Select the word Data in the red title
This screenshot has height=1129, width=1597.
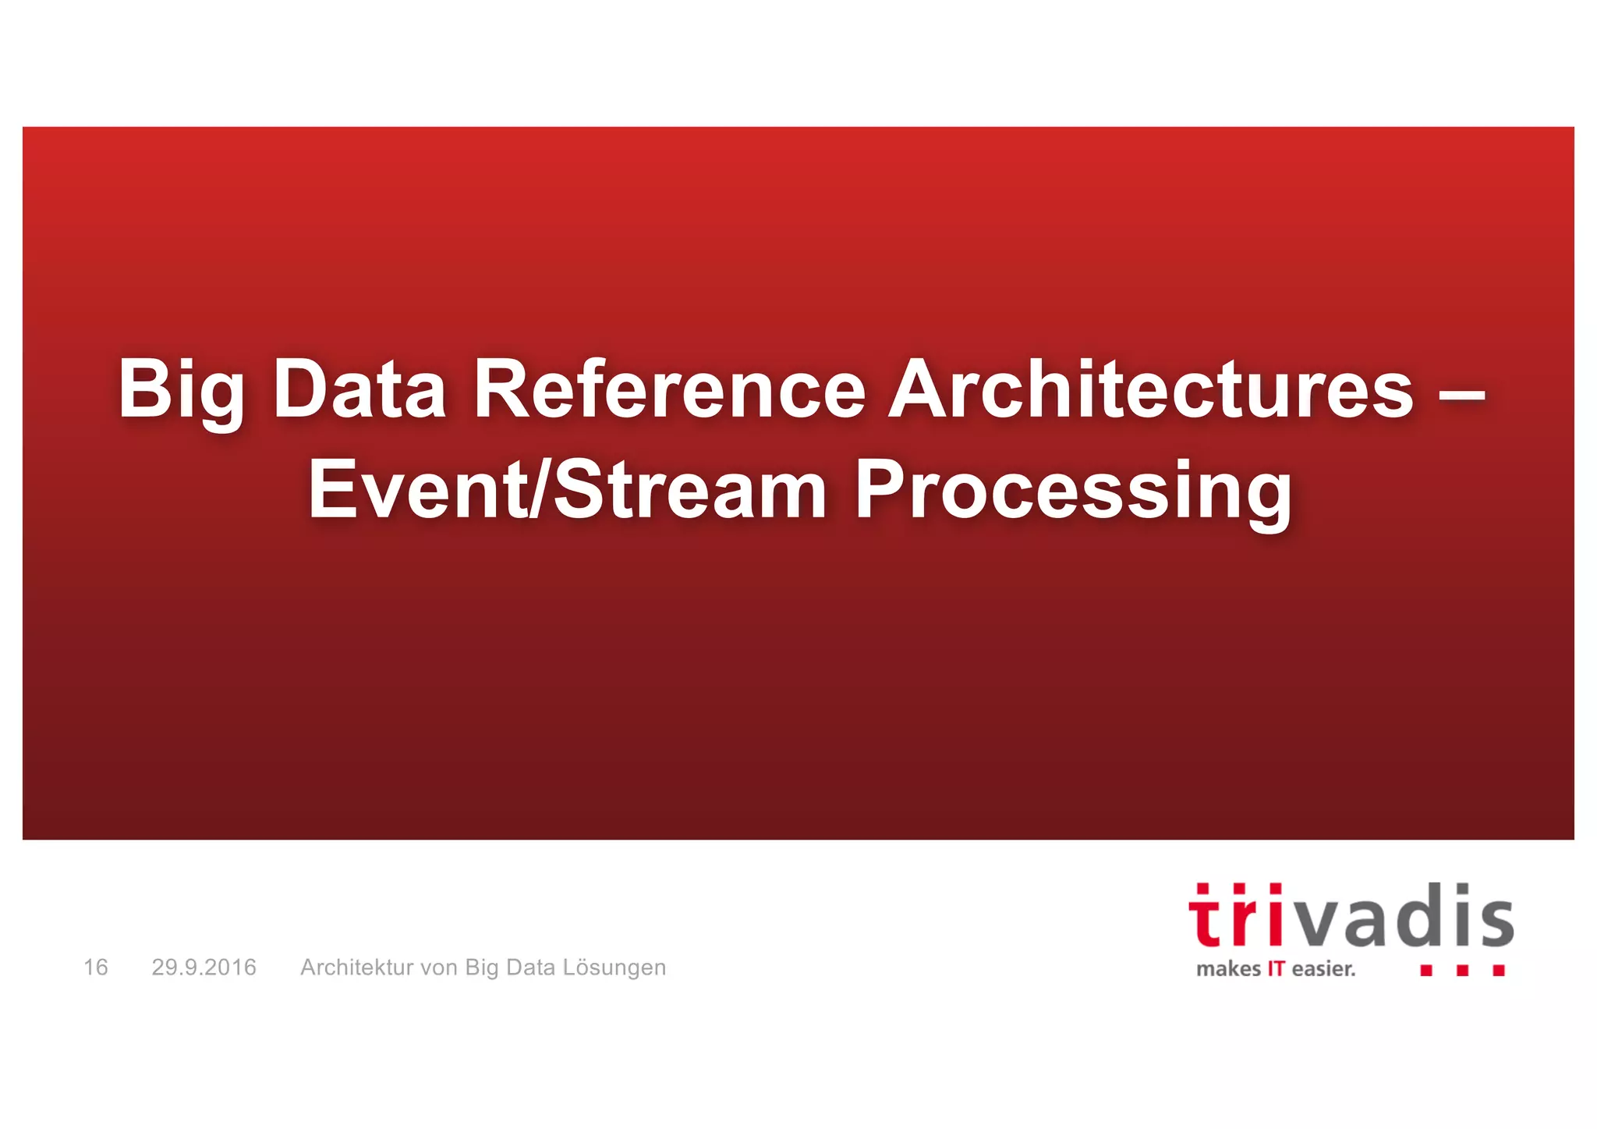click(x=359, y=389)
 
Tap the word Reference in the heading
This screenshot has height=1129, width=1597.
click(x=670, y=389)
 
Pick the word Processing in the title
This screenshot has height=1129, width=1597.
click(x=1073, y=492)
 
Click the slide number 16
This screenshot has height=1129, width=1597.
click(x=96, y=967)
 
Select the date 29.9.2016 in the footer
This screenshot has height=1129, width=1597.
click(x=204, y=967)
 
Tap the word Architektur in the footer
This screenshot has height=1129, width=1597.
click(x=356, y=967)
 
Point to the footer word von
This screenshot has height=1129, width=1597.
click(x=439, y=968)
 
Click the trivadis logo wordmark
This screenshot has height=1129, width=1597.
click(x=1351, y=916)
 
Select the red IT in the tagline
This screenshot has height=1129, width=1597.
click(x=1276, y=969)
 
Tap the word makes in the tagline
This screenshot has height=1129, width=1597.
click(x=1228, y=969)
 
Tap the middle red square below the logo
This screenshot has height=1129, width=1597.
click(x=1463, y=971)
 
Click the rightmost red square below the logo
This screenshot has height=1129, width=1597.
click(x=1499, y=971)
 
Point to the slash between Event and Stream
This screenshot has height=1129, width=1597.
click(x=540, y=490)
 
